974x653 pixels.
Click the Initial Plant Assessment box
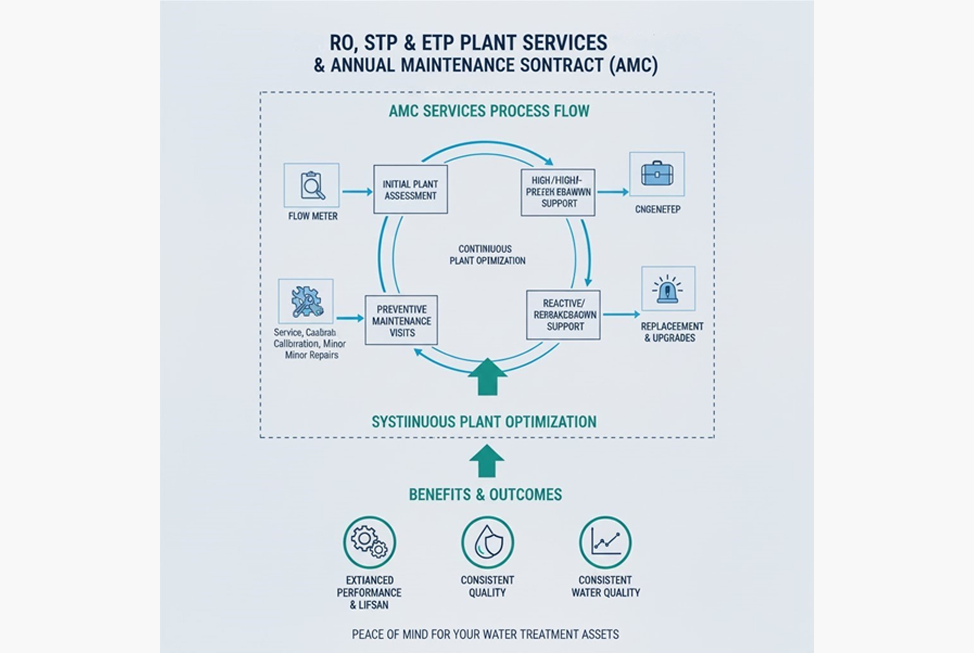(x=410, y=189)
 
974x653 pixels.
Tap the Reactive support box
(x=563, y=315)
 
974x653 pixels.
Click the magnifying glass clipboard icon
(x=312, y=185)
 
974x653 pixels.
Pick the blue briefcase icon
(x=657, y=174)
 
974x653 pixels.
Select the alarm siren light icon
(x=668, y=289)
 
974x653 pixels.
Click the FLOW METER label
(x=313, y=216)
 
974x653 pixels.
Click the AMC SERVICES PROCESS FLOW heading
(x=489, y=111)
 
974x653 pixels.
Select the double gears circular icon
(x=370, y=542)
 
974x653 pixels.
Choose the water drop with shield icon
(x=487, y=542)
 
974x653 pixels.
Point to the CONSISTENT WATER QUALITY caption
(x=605, y=586)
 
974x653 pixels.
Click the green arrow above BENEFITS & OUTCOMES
(x=487, y=461)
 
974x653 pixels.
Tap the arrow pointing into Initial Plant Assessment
(x=357, y=191)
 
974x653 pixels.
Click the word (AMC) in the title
(x=633, y=65)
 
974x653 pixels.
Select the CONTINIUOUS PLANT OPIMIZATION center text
(x=487, y=255)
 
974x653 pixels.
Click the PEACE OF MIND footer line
(x=485, y=634)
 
